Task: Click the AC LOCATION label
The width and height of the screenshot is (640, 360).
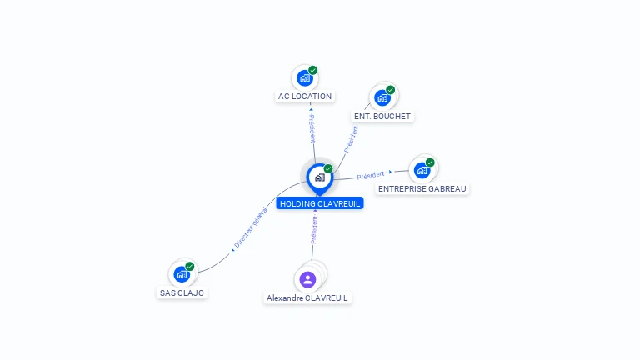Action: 305,97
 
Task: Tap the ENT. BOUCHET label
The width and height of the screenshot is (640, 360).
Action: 382,117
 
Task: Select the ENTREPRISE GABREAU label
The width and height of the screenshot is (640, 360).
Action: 422,189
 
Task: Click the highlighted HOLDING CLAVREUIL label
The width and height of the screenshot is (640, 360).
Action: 320,203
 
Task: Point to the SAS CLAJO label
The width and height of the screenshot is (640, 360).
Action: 182,293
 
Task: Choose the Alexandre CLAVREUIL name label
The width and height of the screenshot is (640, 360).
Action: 307,298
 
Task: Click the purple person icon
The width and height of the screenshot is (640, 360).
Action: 307,280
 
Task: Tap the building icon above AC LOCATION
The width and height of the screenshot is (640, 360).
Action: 304,78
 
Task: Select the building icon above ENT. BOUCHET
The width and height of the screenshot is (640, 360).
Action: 382,98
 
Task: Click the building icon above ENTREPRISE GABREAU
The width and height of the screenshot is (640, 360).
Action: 422,170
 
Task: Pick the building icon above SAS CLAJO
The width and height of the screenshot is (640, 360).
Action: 182,274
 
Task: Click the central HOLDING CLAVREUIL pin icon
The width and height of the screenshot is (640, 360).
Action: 320,179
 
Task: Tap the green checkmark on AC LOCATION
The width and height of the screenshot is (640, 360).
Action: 313,70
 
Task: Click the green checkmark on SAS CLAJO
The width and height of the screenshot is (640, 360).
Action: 190,267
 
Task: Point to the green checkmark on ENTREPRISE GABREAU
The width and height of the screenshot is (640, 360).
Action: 430,162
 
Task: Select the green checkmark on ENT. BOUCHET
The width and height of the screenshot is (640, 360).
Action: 391,90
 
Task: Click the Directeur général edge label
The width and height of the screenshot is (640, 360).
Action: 251,227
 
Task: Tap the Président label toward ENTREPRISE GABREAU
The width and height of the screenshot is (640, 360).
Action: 372,175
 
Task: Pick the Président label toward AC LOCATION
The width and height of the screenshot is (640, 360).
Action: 312,128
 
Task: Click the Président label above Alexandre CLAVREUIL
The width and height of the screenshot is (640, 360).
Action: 314,230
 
